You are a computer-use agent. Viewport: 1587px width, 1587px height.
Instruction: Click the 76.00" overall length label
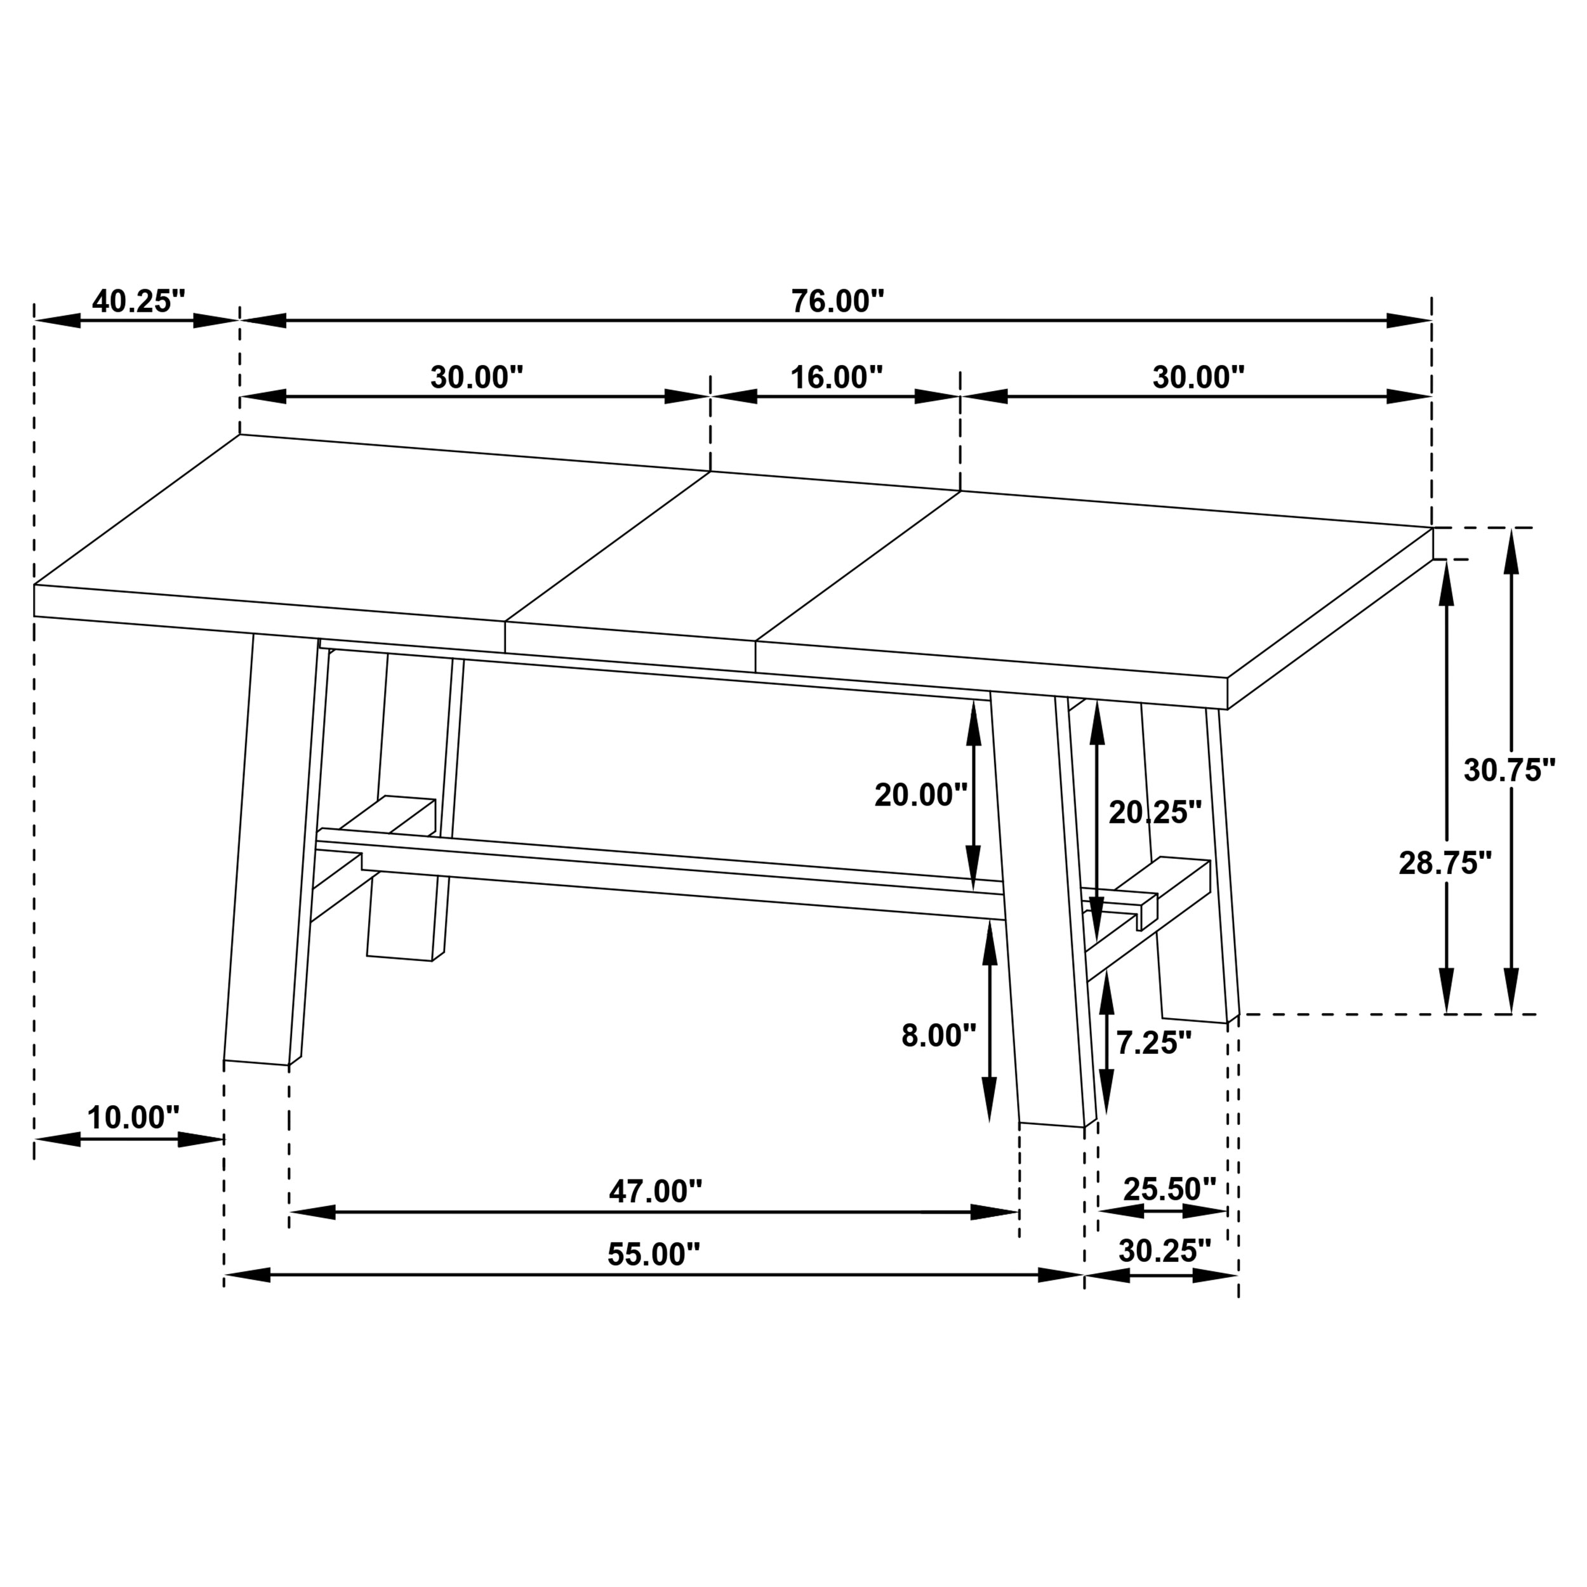[x=837, y=302]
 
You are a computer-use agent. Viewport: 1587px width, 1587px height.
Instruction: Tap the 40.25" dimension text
[x=138, y=302]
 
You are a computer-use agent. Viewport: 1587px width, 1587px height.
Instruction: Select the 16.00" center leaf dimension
[x=835, y=378]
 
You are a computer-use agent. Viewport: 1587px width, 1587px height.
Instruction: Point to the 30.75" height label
[x=1509, y=771]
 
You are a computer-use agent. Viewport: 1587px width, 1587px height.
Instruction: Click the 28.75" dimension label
[x=1444, y=863]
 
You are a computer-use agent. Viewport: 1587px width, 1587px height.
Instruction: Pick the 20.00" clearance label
[x=920, y=795]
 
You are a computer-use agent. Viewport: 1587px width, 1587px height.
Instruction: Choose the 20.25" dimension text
[x=1154, y=813]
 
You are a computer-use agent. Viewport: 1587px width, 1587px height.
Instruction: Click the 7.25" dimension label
[x=1152, y=1043]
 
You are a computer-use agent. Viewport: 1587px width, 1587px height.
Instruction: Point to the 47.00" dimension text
[x=654, y=1191]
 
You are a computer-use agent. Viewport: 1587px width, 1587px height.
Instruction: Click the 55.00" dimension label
[x=653, y=1254]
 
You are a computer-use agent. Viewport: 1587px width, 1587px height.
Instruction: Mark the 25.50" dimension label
[x=1169, y=1188]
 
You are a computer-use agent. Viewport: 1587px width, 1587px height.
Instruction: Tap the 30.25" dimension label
[x=1164, y=1251]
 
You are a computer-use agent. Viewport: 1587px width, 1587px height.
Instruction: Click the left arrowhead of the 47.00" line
[x=312, y=1212]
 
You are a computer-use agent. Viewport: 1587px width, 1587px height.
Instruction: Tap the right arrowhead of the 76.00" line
[x=1409, y=321]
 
